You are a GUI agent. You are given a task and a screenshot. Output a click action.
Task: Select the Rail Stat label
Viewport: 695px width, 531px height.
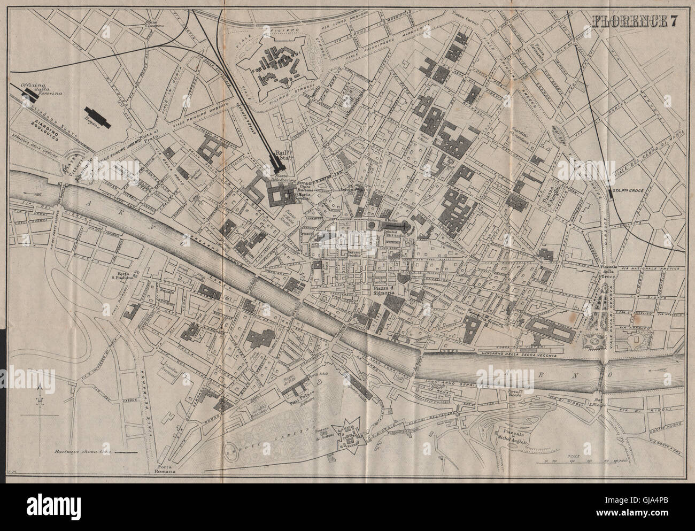coord(281,156)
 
